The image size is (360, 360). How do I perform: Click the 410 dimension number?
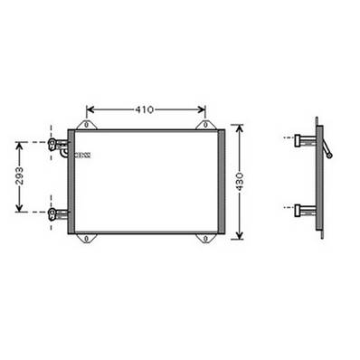tap(144, 109)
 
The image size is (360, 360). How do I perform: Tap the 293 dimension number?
tap(20, 176)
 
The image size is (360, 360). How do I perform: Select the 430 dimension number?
tap(239, 181)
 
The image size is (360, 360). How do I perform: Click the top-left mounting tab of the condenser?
tap(86, 124)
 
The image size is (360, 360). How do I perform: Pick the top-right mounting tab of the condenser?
tap(204, 124)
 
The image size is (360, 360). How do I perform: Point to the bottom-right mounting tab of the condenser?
tap(204, 238)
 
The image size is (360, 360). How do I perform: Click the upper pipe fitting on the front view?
tap(59, 144)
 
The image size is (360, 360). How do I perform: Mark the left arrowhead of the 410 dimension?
tap(90, 109)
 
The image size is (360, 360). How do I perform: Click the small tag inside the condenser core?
tap(83, 156)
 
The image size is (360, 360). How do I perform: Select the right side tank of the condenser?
tap(221, 181)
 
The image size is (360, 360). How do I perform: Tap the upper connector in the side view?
tap(304, 140)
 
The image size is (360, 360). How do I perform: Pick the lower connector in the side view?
tap(304, 211)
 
